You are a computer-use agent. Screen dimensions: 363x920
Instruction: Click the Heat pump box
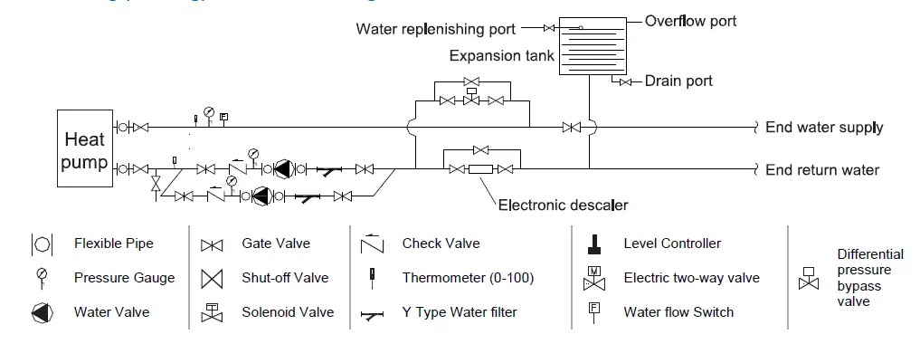[84, 149]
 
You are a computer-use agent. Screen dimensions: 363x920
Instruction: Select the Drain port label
[678, 81]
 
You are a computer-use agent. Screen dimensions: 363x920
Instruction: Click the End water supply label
[824, 128]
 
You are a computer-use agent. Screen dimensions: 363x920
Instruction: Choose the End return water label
[822, 169]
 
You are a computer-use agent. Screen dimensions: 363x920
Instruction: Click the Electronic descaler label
[563, 205]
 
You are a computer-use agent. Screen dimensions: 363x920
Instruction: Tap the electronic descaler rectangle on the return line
[479, 168]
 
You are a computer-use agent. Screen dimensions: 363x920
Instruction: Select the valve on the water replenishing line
[548, 28]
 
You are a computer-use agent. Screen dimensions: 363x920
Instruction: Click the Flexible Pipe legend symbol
[42, 244]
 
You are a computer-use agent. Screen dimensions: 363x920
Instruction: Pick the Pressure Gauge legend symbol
[42, 277]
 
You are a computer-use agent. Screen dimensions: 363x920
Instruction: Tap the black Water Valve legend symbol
[42, 312]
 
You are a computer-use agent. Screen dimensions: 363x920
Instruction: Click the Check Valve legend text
[441, 244]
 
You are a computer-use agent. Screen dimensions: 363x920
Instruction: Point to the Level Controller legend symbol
[594, 244]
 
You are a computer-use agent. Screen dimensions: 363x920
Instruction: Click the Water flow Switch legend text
[678, 312]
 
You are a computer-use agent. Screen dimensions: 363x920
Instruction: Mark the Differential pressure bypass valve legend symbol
[808, 278]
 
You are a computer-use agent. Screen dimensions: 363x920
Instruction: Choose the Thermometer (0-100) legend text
[468, 278]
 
